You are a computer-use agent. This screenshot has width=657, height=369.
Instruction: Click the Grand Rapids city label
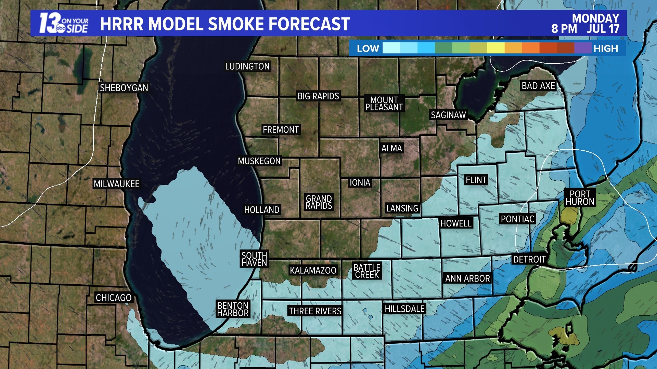pyautogui.click(x=319, y=202)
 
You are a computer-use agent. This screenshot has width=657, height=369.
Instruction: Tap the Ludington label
pyautogui.click(x=247, y=66)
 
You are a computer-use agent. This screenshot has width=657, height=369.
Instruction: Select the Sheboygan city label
pyautogui.click(x=124, y=88)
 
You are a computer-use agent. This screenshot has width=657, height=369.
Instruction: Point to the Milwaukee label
pyautogui.click(x=116, y=184)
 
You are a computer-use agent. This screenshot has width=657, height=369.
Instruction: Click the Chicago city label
pyautogui.click(x=114, y=298)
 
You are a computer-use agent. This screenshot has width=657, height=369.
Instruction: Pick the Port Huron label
pyautogui.click(x=580, y=198)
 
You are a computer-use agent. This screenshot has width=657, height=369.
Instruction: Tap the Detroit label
pyautogui.click(x=529, y=260)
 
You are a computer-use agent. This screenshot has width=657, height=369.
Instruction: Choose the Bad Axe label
pyautogui.click(x=538, y=86)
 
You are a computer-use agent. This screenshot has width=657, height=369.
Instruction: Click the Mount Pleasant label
pyautogui.click(x=384, y=104)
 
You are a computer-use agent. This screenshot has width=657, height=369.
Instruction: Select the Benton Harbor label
pyautogui.click(x=233, y=309)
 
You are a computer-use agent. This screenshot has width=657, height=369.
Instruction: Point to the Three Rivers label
pyautogui.click(x=315, y=311)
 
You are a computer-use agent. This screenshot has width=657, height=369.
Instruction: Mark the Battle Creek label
pyautogui.click(x=367, y=271)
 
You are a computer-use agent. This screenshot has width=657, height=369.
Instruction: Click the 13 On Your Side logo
pyautogui.click(x=64, y=24)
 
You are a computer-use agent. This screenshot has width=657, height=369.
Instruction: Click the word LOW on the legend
pyautogui.click(x=368, y=49)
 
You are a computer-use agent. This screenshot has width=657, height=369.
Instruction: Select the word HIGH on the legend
pyautogui.click(x=606, y=49)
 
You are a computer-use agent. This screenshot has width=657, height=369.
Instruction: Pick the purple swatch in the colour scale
pyautogui.click(x=583, y=48)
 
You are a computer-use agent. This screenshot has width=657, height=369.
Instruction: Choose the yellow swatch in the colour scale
pyautogui.click(x=496, y=48)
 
